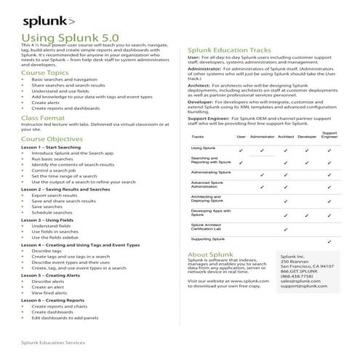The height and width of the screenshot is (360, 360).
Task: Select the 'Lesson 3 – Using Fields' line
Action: coord(52,219)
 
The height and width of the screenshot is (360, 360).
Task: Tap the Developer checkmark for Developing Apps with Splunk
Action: coord(308,214)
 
